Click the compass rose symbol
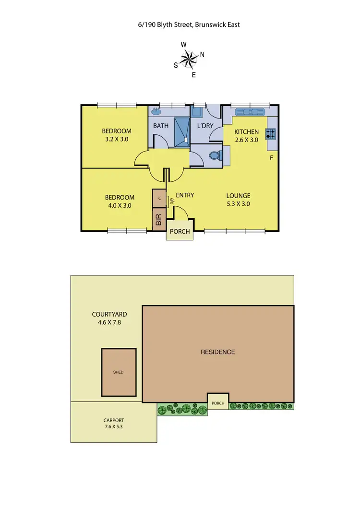[190, 59]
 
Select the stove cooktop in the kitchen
[272, 132]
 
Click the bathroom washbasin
[156, 111]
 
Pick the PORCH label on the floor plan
[180, 231]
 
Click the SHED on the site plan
[118, 372]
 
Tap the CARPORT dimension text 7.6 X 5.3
[114, 426]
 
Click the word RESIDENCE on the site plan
[218, 352]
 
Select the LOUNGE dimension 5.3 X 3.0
[239, 203]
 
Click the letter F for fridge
[272, 157]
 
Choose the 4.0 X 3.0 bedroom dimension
[120, 205]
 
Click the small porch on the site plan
[218, 400]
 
